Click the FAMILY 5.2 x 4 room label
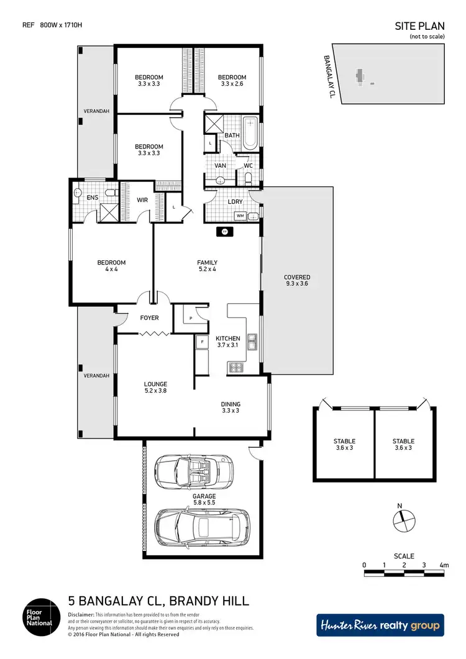click(207, 266)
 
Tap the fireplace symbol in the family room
click(224, 232)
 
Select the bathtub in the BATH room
click(250, 132)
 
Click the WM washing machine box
click(240, 216)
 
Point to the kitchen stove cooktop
click(236, 368)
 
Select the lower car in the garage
click(201, 525)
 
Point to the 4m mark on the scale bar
click(444, 565)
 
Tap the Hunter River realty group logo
click(380, 625)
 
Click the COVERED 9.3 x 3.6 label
click(297, 280)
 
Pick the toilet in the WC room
click(249, 179)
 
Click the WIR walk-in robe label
click(142, 200)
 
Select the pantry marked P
click(190, 317)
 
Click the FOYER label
click(149, 318)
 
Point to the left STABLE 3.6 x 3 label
click(344, 445)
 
